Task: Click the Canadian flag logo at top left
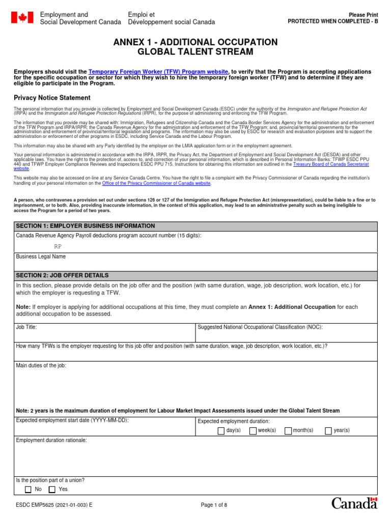coord(22,18)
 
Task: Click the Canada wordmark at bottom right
coord(354,503)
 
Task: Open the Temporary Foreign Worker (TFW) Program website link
coord(159,72)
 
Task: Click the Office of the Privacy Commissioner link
coord(156,183)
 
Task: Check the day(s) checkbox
coord(221,430)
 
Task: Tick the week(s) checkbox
coord(253,430)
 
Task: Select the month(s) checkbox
coord(288,430)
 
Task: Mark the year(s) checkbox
coord(328,430)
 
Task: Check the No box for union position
coord(28,489)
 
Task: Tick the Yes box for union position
coord(52,489)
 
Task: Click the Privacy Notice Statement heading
coord(52,98)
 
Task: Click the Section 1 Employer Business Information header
coord(86,226)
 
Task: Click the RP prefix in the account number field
coord(58,246)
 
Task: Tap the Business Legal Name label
coord(41,256)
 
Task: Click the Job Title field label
coord(26,327)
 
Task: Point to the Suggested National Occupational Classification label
coord(260,327)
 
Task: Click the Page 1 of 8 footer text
coord(214,505)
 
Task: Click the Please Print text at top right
coord(363,15)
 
